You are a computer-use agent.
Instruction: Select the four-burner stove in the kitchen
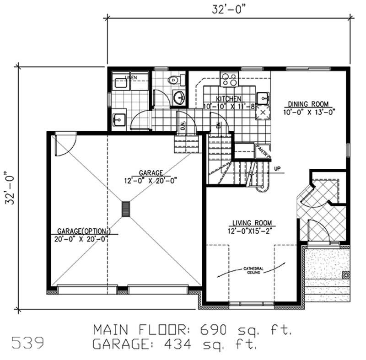coord(229,80)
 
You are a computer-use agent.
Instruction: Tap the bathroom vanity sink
coord(179,97)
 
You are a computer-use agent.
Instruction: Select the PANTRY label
coord(263,151)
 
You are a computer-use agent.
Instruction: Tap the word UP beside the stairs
coord(277,169)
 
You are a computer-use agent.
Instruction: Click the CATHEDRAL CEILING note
coord(252,270)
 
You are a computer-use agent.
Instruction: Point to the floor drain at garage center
coord(126,209)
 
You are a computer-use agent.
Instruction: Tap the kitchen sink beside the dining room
coord(263,97)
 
